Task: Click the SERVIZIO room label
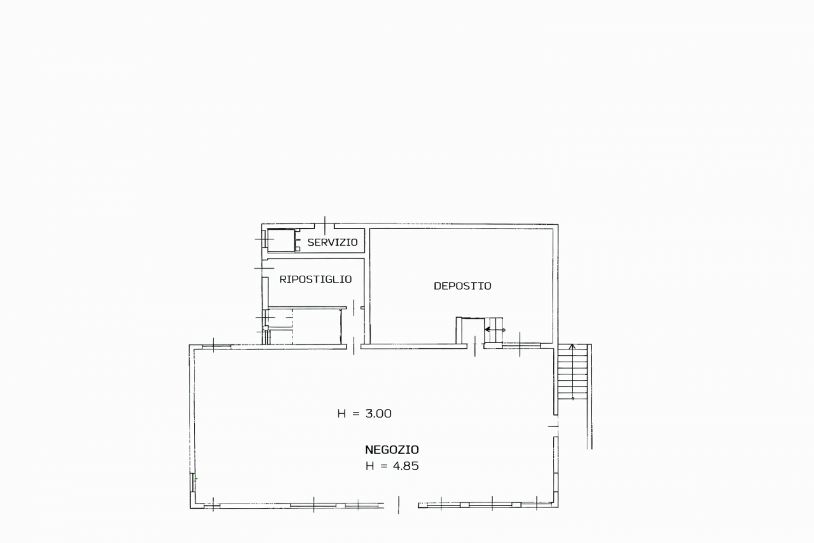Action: [333, 243]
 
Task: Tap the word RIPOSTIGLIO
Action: [315, 279]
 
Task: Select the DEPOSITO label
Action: [462, 286]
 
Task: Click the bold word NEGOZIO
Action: [392, 450]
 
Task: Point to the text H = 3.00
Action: [364, 414]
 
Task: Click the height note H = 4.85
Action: [392, 466]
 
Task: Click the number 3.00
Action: [378, 414]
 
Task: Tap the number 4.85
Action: [406, 466]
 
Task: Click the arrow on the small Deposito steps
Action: [495, 330]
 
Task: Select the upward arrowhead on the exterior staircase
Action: [572, 346]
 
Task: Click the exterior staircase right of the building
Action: [572, 372]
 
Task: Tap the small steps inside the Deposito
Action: [493, 330]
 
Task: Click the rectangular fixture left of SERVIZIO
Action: [281, 240]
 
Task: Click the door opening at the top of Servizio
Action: [324, 226]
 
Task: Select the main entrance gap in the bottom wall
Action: [401, 505]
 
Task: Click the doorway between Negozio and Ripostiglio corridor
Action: [354, 346]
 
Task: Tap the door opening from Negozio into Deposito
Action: [475, 346]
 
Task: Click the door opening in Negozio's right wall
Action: [556, 426]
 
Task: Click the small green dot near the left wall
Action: [197, 479]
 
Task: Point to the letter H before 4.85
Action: [369, 466]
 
